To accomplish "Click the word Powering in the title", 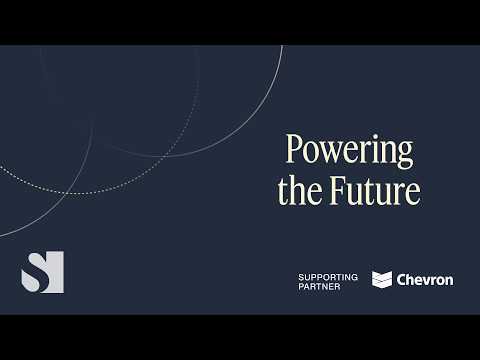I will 349,150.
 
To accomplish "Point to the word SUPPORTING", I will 328,275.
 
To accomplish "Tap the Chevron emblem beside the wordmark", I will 382,280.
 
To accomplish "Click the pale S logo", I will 42,272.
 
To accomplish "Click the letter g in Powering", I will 405,154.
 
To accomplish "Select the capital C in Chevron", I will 402,280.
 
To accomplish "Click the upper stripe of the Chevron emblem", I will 382,275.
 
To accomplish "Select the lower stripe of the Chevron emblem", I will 382,284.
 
